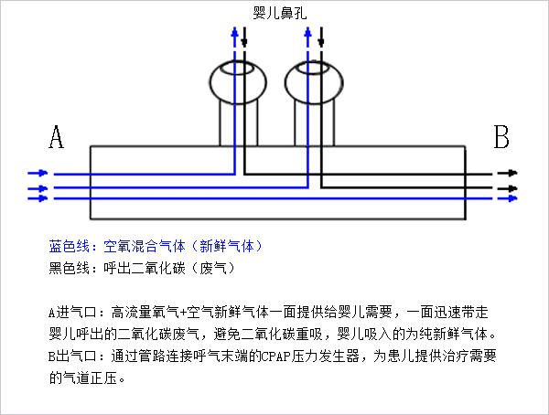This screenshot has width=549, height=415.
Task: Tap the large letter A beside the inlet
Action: tap(56, 139)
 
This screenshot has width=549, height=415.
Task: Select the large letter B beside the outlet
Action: tap(501, 139)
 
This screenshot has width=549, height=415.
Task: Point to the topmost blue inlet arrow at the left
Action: tap(38, 172)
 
